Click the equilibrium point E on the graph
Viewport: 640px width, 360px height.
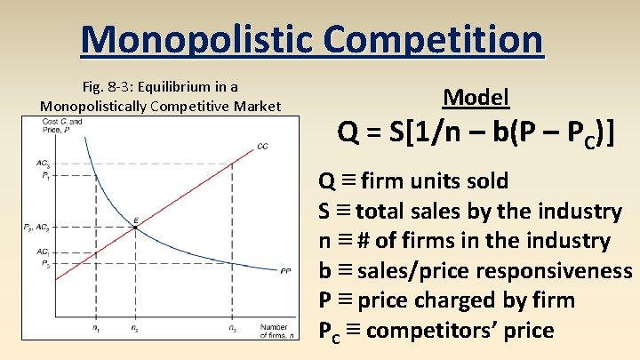click(x=135, y=228)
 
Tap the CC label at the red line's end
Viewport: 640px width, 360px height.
click(x=262, y=146)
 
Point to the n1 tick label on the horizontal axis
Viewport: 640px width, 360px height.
click(x=96, y=330)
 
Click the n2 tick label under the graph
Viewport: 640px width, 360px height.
click(x=134, y=330)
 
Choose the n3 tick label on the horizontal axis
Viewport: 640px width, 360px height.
click(x=233, y=330)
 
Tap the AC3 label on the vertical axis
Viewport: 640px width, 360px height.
click(x=43, y=164)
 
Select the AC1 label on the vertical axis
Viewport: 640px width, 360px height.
click(x=43, y=252)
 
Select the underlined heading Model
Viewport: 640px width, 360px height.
click(x=476, y=97)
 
